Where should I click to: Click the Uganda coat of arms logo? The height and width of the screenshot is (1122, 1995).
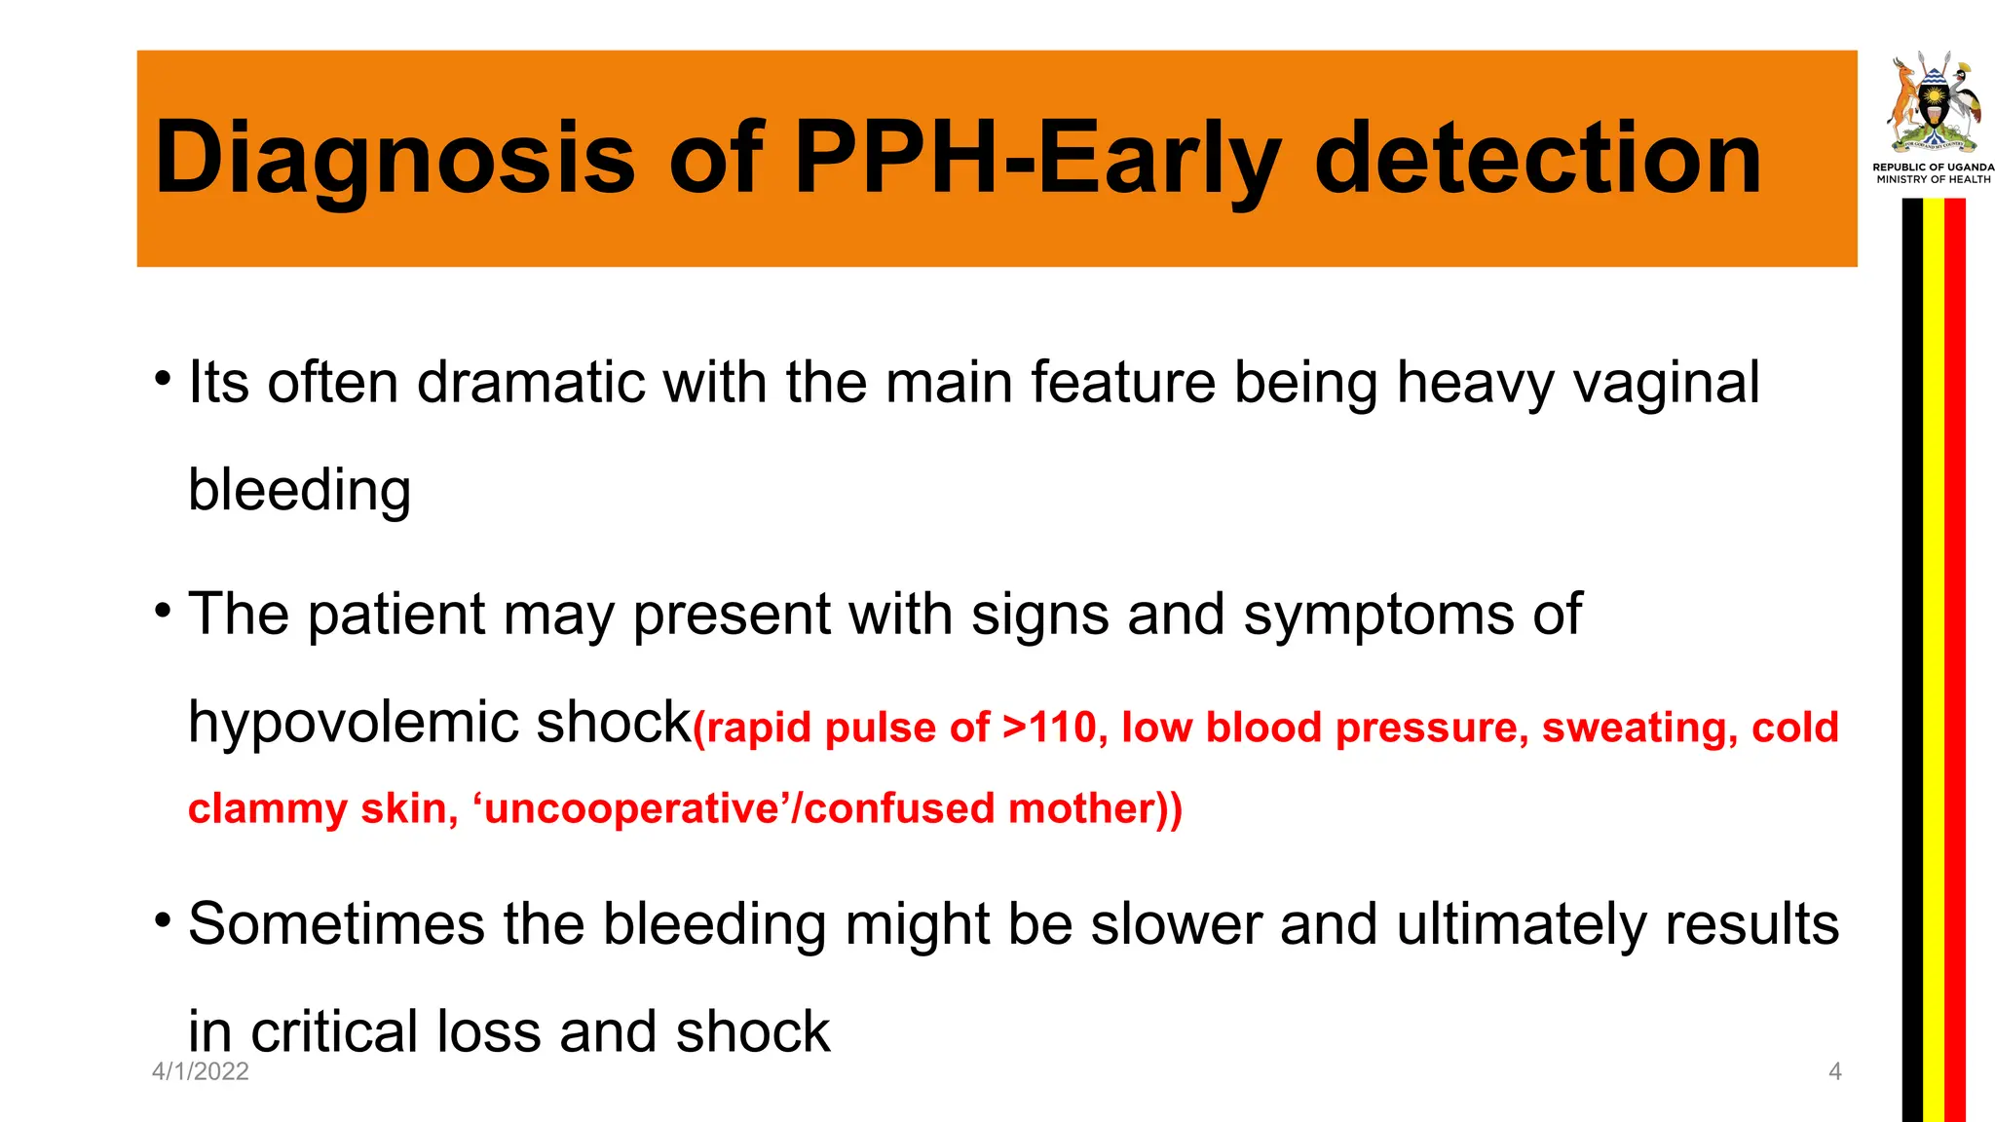1933,103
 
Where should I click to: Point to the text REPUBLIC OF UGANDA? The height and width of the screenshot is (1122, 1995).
1933,168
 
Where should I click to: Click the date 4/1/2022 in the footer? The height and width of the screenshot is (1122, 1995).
201,1071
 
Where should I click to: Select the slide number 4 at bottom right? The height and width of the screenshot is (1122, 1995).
1835,1071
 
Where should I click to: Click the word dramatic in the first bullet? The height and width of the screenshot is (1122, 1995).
530,382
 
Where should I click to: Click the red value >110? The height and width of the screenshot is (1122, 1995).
1053,728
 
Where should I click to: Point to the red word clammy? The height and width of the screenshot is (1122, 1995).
267,809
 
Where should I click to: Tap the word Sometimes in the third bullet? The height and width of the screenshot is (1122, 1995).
336,923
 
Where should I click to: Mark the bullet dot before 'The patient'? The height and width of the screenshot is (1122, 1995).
163,611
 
